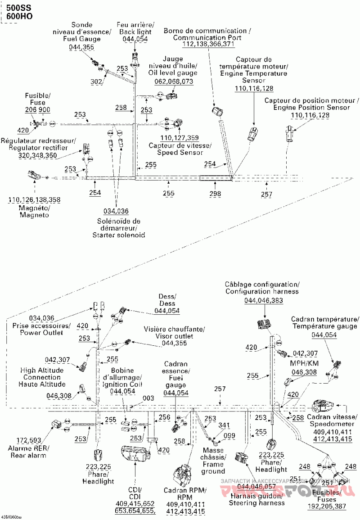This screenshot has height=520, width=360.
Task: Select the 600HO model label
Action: click(16, 17)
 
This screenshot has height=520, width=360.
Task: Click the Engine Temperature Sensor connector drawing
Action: click(254, 133)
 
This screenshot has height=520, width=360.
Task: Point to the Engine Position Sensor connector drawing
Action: click(290, 132)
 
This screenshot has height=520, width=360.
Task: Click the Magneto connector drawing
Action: click(34, 176)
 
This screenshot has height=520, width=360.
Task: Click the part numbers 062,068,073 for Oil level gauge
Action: click(173, 81)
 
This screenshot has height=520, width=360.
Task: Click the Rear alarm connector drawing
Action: click(58, 424)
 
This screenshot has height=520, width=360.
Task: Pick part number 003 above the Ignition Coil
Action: click(148, 398)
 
